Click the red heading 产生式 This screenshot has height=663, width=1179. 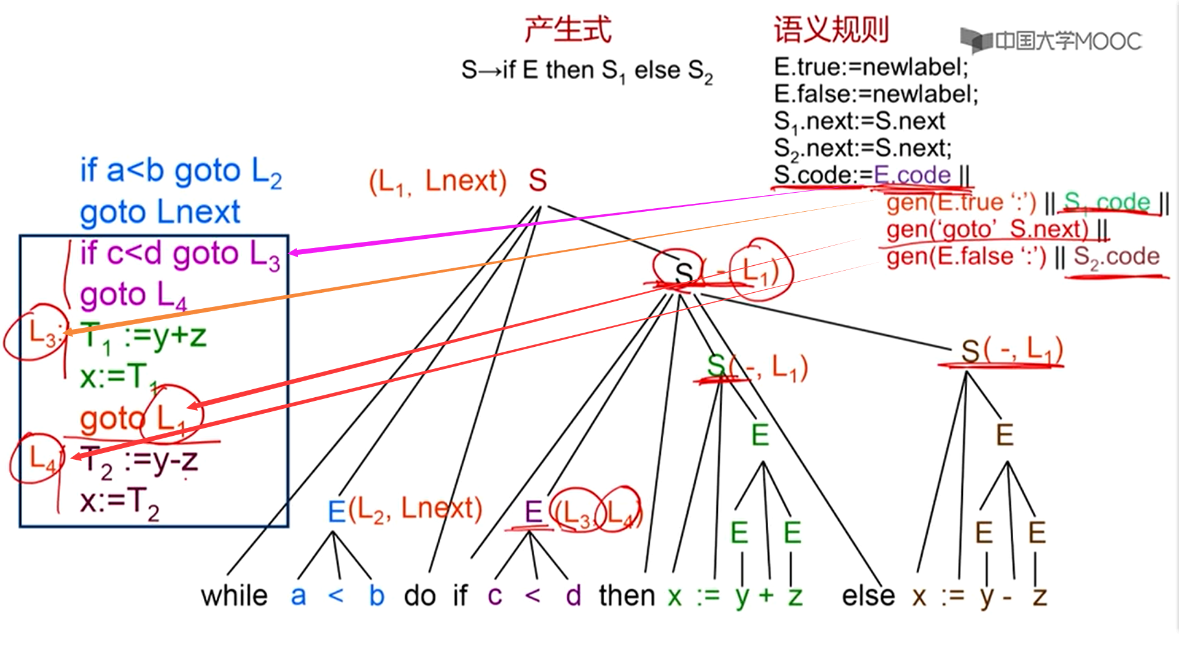568,29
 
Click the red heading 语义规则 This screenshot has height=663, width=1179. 831,29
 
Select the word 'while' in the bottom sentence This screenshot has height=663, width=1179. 234,595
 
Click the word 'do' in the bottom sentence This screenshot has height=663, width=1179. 420,595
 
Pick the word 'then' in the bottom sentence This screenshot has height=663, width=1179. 627,595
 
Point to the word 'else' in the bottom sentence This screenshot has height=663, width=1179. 868,595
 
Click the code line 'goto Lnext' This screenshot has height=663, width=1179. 160,212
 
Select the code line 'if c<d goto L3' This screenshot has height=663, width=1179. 180,254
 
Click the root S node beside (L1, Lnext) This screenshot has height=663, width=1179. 537,180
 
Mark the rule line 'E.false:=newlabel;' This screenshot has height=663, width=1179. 876,94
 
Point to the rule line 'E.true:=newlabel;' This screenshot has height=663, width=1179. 871,67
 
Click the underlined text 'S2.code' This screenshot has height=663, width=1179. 1116,257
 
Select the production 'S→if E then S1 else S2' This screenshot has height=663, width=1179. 587,71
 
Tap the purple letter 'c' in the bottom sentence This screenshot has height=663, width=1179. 495,595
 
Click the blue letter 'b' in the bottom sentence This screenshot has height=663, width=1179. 376,595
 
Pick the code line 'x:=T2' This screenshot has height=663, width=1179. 120,502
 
